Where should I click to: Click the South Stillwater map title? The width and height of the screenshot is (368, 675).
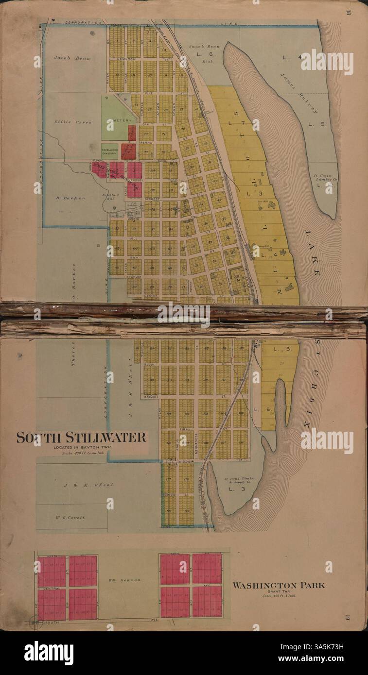click(81, 437)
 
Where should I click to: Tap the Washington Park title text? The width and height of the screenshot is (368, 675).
click(279, 585)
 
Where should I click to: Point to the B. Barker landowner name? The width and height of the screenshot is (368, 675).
click(70, 198)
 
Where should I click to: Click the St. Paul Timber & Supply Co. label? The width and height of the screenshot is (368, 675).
click(239, 481)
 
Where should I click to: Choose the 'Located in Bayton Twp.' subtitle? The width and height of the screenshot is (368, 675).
click(81, 447)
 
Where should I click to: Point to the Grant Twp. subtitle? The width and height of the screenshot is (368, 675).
click(279, 591)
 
